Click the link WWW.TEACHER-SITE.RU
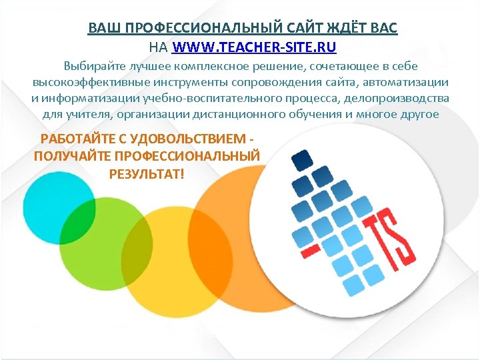tap(255, 47)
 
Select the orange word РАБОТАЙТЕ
tap(77, 139)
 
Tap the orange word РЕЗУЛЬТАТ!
tap(145, 173)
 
